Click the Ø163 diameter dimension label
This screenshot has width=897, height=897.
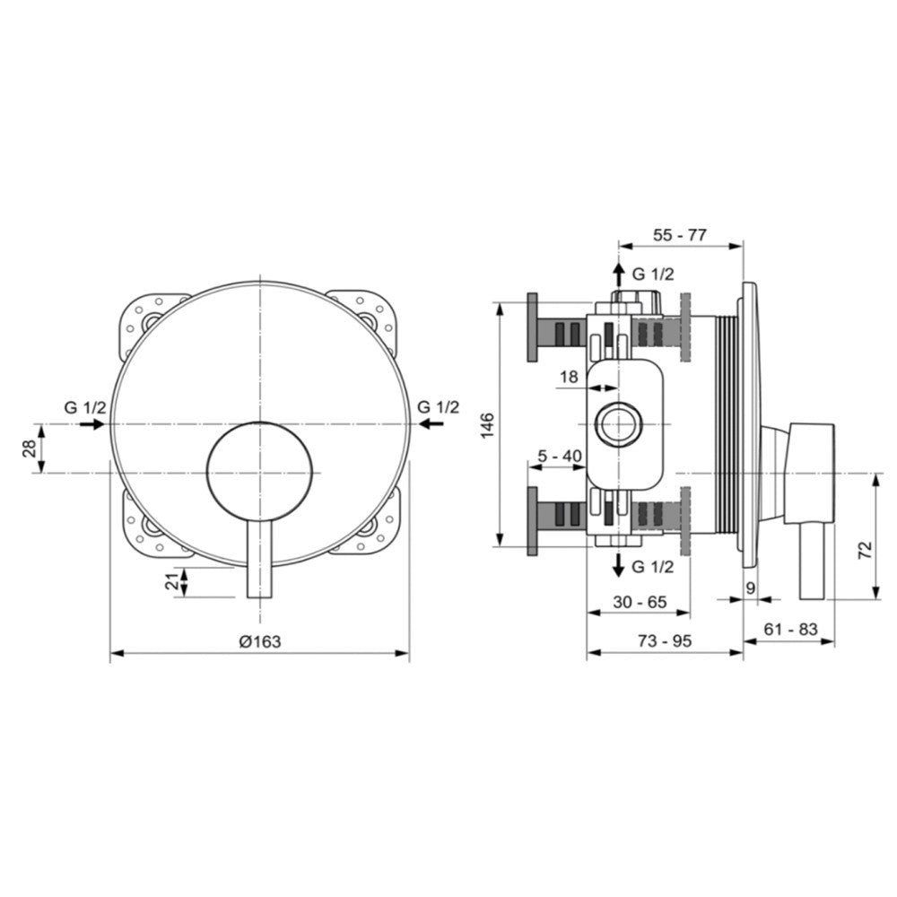(260, 642)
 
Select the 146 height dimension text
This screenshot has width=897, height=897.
(487, 425)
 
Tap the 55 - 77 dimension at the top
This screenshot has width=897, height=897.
(680, 234)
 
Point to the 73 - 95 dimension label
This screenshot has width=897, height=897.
(665, 641)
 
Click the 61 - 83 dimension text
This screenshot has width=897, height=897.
(790, 630)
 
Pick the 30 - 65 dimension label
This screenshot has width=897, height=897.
(640, 602)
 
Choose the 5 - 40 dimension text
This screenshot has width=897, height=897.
(559, 456)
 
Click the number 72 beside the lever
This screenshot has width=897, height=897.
(866, 550)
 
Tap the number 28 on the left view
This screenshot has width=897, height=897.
(30, 448)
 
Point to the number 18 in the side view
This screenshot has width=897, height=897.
(569, 377)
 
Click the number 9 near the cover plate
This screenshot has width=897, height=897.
(751, 588)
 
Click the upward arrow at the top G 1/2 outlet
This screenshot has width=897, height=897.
(618, 275)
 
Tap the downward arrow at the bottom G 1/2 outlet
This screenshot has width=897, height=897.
(618, 565)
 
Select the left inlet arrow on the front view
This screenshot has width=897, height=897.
(91, 424)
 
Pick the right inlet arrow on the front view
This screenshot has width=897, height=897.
(431, 424)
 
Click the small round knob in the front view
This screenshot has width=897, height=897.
(260, 473)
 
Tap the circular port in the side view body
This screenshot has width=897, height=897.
(618, 424)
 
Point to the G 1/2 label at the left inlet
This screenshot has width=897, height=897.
(84, 408)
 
